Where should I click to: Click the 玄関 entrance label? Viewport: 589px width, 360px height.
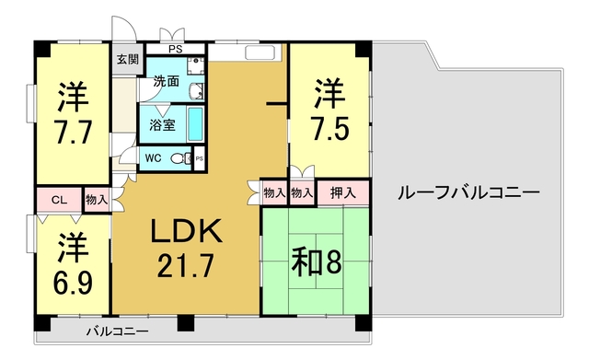coord(127,60)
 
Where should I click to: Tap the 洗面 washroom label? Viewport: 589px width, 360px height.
coord(167,81)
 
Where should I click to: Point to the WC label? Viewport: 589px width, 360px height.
coord(154,157)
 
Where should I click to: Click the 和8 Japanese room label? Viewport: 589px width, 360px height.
coord(317,261)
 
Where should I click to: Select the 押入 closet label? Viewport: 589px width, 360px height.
coord(343,193)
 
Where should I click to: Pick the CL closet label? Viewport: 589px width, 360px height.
coord(58,199)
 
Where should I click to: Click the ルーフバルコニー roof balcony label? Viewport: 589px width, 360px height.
coord(468,193)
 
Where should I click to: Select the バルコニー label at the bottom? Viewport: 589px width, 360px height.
coord(118,331)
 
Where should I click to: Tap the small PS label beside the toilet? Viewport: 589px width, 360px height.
coord(200,158)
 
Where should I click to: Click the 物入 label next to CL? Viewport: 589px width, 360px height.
coord(96,199)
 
